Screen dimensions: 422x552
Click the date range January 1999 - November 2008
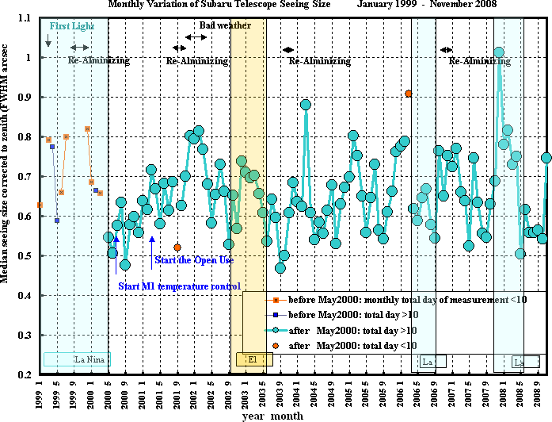tap(425, 5)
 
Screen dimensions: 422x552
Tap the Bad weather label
tap(225, 25)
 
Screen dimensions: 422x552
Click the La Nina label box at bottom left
tap(77, 360)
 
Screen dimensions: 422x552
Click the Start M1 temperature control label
tap(179, 286)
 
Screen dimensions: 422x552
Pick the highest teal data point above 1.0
tap(498, 53)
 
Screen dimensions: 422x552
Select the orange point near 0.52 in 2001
tap(177, 247)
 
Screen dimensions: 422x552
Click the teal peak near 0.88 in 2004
tap(306, 105)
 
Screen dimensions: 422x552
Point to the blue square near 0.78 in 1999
tap(52, 147)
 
